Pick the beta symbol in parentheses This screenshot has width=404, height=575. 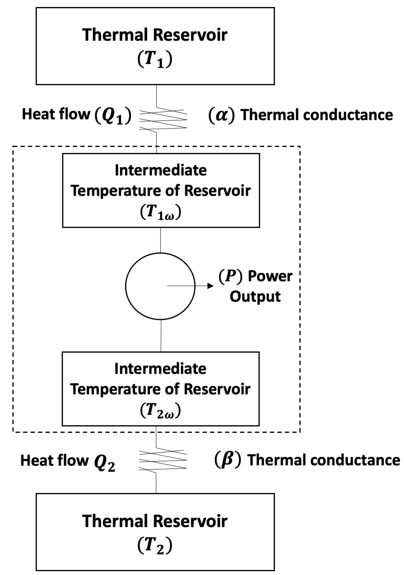click(228, 460)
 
